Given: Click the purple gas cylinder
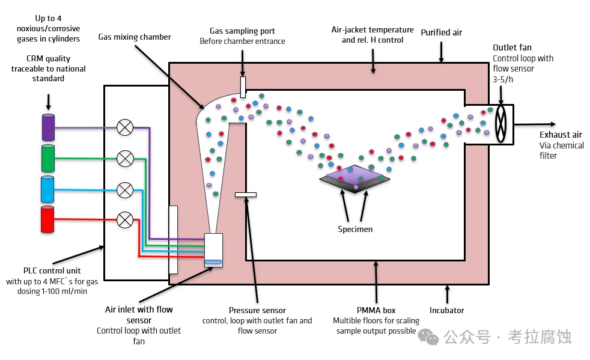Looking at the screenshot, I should click(48, 127).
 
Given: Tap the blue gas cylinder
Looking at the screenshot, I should click(48, 189).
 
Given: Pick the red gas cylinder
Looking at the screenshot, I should click(48, 219).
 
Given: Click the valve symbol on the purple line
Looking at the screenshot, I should click(125, 127).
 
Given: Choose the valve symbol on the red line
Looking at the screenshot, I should click(125, 220).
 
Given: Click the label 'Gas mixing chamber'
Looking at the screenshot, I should click(135, 37).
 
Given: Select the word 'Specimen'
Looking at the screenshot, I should click(355, 229).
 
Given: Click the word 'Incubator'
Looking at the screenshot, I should click(447, 311).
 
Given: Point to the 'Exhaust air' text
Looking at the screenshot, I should click(561, 135).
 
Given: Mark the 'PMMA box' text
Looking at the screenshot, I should click(376, 310).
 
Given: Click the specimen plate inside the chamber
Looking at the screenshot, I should click(355, 178).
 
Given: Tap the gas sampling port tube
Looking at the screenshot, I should click(243, 87).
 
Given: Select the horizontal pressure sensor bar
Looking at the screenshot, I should click(245, 195).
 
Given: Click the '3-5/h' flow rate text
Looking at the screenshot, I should click(505, 79).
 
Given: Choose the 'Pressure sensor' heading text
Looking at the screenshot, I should click(257, 310).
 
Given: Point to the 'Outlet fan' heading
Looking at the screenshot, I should click(512, 47).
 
